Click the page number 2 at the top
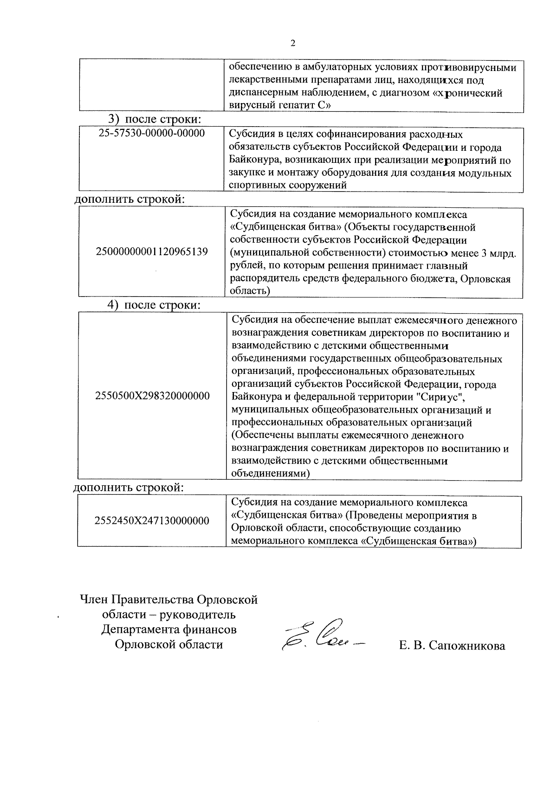292,44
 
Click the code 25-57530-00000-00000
152,134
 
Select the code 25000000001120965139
152,252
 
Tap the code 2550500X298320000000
152,396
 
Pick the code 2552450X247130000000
152,521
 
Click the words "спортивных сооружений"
288,186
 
